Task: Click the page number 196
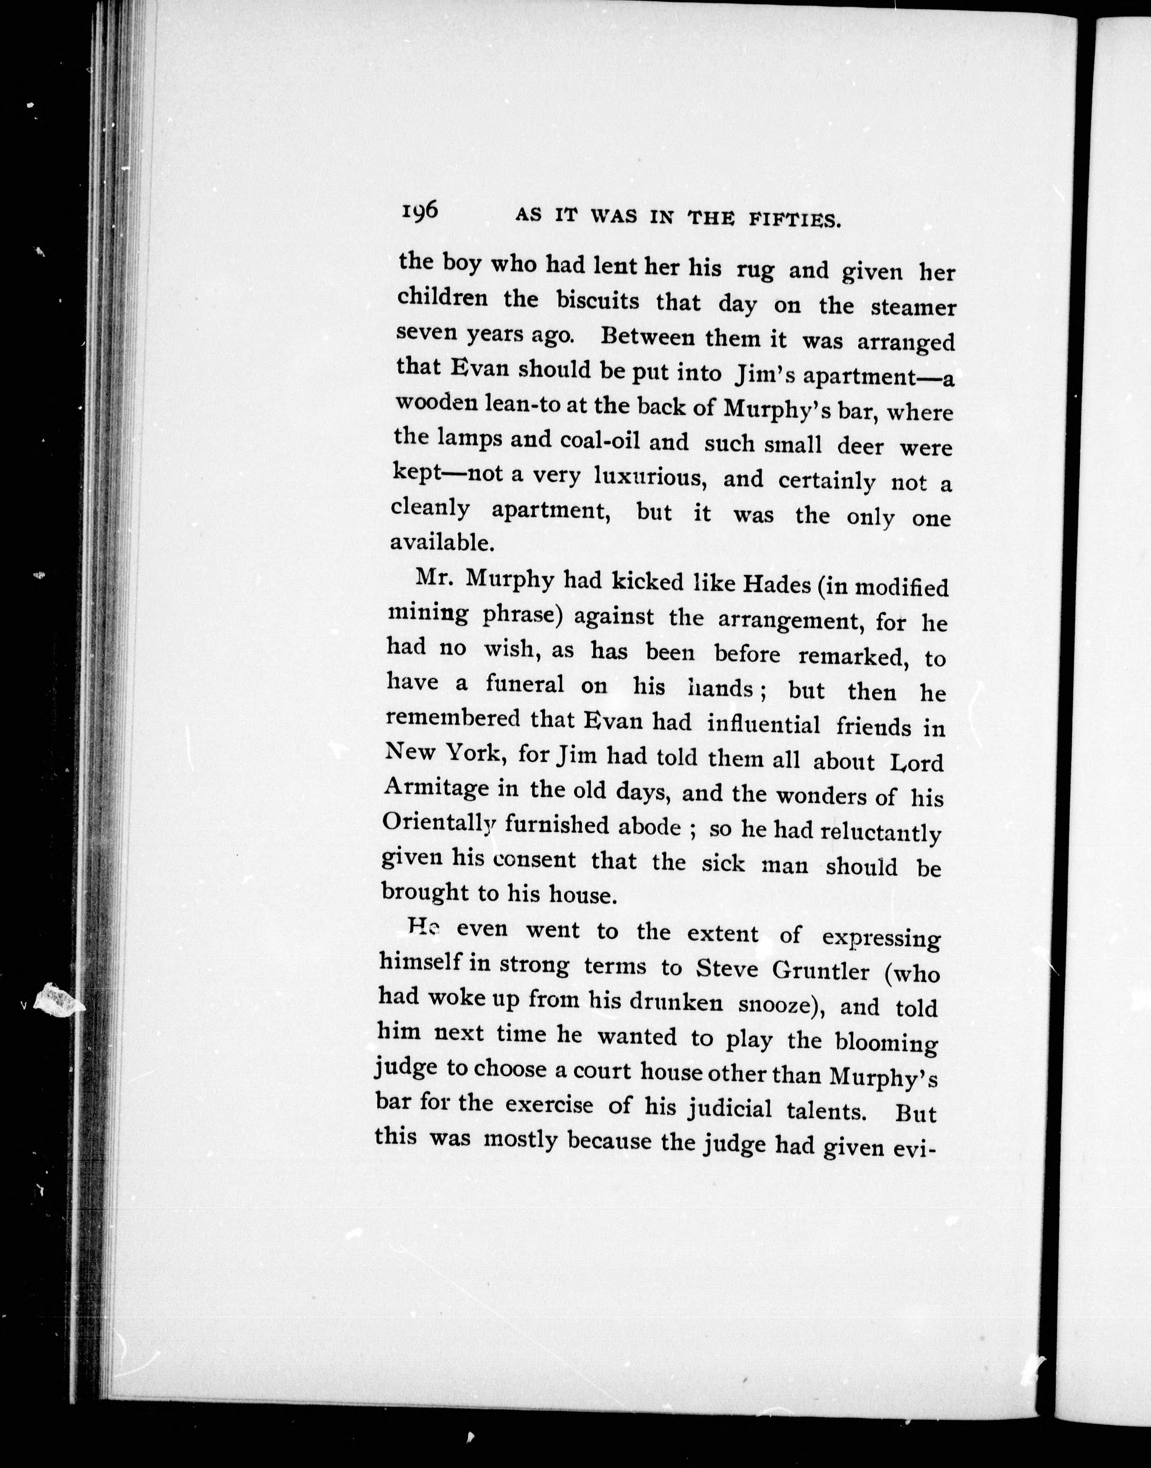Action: coord(420,211)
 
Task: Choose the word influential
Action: coord(764,724)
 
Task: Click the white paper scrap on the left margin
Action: coord(59,1001)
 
